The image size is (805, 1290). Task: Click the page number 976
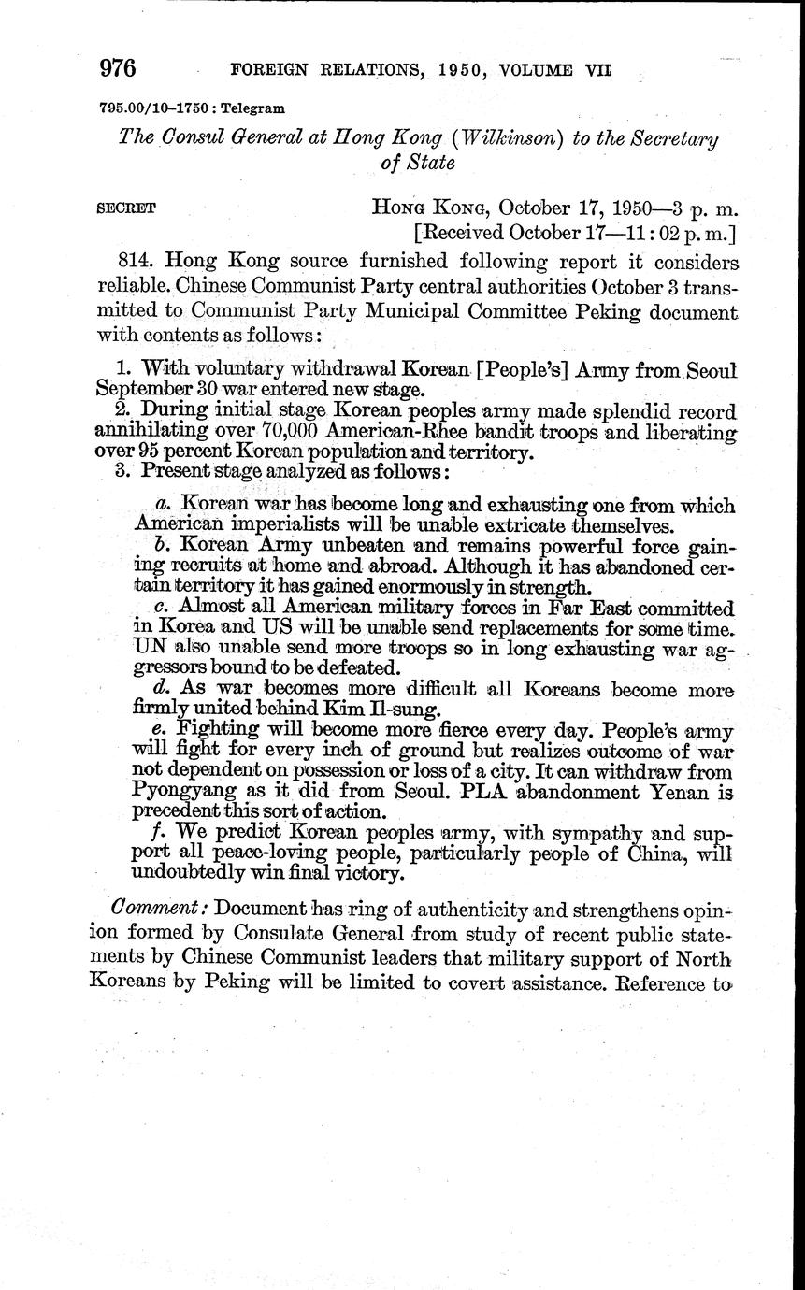click(118, 68)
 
